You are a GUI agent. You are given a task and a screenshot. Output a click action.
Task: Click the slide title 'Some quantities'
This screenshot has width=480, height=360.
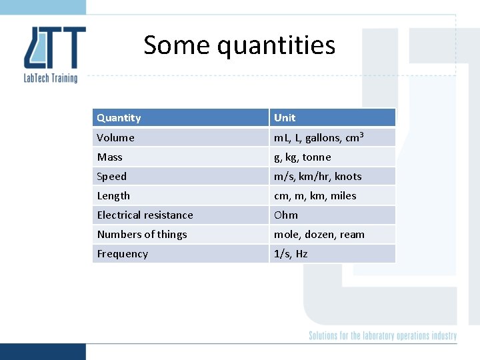pyautogui.click(x=239, y=45)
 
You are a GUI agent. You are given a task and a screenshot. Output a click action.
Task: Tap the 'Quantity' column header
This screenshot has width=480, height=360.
pyautogui.click(x=119, y=118)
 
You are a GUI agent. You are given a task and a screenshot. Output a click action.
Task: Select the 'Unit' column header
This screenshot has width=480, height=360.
pyautogui.click(x=285, y=118)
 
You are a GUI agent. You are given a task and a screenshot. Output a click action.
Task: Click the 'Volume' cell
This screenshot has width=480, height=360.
pyautogui.click(x=115, y=138)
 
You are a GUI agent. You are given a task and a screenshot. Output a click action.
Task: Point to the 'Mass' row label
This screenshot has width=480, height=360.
pyautogui.click(x=109, y=157)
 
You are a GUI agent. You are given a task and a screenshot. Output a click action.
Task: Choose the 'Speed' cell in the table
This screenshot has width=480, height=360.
pyautogui.click(x=111, y=177)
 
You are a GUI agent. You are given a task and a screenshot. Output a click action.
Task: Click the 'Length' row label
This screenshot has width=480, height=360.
pyautogui.click(x=113, y=196)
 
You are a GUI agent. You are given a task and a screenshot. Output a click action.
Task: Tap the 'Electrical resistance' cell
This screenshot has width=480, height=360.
pyautogui.click(x=145, y=215)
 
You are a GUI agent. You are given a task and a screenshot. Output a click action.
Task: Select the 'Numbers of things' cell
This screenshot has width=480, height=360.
pyautogui.click(x=142, y=235)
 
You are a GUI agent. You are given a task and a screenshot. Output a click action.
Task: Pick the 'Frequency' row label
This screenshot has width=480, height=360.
pyautogui.click(x=122, y=254)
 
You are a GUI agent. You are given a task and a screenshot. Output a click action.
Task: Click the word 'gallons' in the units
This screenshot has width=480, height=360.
pyautogui.click(x=323, y=138)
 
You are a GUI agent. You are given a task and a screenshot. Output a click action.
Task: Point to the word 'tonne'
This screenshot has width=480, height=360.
pyautogui.click(x=317, y=157)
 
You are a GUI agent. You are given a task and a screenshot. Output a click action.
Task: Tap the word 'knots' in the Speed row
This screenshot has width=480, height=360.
pyautogui.click(x=348, y=177)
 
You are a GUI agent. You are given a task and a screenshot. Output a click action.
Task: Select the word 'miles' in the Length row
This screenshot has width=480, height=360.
pyautogui.click(x=343, y=196)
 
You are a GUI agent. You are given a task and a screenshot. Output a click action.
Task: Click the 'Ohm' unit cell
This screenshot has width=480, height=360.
pyautogui.click(x=286, y=215)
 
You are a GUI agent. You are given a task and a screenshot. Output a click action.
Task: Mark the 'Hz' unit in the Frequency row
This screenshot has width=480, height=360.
pyautogui.click(x=301, y=254)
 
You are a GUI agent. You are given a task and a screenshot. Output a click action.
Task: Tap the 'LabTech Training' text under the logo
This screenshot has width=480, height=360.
pyautogui.click(x=51, y=78)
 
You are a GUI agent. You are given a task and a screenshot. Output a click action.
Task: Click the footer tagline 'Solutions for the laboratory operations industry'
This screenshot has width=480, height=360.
pyautogui.click(x=383, y=336)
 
